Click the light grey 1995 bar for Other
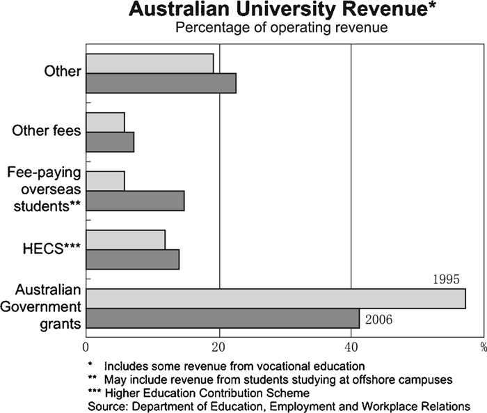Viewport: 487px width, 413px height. coord(150,63)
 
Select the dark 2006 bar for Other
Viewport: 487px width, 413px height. coord(161,83)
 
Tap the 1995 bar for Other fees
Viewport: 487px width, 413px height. coord(105,122)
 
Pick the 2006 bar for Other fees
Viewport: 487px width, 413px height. coord(110,142)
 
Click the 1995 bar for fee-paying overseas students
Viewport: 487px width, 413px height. coord(105,180)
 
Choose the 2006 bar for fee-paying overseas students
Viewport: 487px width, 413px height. coord(135,201)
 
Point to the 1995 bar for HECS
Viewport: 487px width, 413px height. coord(125,239)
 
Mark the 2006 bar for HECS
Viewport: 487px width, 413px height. coord(132,259)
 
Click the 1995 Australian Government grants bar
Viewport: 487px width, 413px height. coord(276,298)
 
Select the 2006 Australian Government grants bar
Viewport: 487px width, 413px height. coord(223,318)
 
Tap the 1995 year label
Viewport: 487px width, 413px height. coord(445,281)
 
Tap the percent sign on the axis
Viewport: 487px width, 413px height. coord(481,345)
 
